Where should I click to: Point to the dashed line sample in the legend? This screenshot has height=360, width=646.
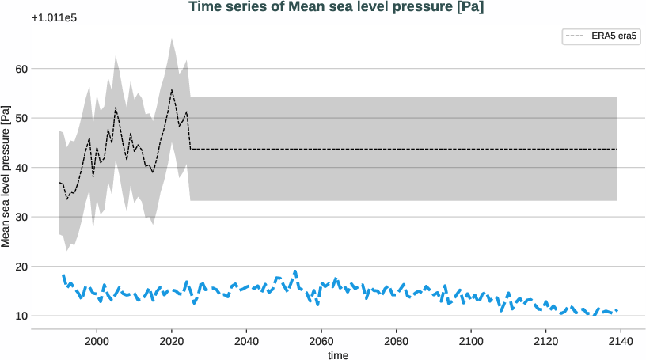(x=576, y=36)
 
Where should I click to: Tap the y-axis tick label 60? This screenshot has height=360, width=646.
(x=21, y=69)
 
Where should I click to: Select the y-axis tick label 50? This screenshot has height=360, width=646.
(x=21, y=118)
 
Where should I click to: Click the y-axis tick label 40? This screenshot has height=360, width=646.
(x=21, y=168)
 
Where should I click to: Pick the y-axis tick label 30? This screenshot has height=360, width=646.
(x=21, y=217)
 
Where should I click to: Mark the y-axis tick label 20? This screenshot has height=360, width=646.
(x=21, y=267)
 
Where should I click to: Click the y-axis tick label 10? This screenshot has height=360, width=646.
(x=21, y=316)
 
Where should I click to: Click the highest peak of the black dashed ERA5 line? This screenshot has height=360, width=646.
(x=172, y=89)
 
